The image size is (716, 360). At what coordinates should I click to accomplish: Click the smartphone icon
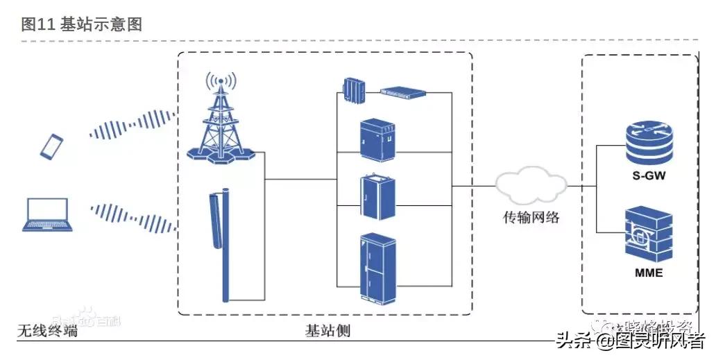(x=51, y=146)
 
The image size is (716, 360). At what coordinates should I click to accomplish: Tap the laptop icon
(x=46, y=214)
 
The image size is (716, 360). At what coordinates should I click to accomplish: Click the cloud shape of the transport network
(x=531, y=185)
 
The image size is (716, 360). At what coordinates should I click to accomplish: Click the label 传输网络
(x=531, y=218)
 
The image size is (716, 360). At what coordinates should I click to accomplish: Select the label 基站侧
(x=327, y=331)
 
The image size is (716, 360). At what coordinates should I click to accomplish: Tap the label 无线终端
(x=47, y=331)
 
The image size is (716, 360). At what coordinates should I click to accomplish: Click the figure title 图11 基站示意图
(x=81, y=24)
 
